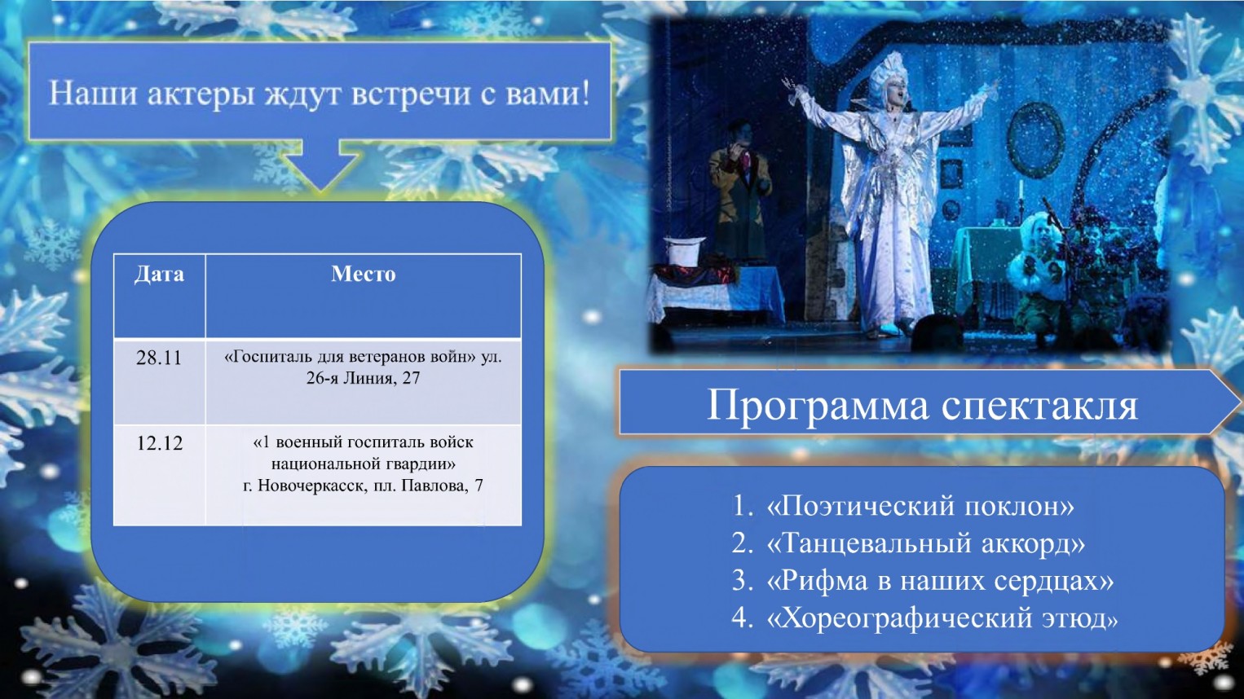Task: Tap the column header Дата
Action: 159,275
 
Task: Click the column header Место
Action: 364,274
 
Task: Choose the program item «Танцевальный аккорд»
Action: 925,543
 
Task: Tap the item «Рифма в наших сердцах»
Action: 940,581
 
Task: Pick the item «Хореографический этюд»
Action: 942,618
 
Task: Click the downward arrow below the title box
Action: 320,165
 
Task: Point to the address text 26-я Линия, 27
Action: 364,379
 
